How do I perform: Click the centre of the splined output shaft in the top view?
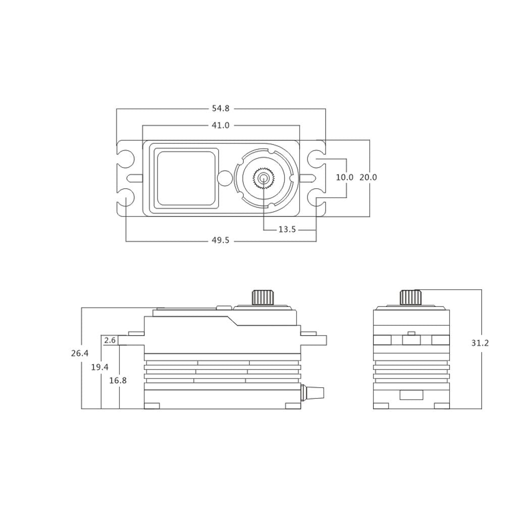click(264, 178)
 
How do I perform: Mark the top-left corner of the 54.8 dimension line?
click(117, 109)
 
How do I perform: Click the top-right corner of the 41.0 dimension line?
click(300, 125)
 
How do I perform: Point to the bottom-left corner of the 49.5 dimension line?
click(126, 241)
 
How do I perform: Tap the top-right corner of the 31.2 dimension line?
click(482, 289)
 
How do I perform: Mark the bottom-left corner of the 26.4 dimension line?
click(81, 409)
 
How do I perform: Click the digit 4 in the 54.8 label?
click(218, 108)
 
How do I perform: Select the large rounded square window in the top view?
click(186, 178)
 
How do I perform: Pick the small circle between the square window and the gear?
click(225, 178)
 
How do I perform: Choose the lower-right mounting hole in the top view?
click(316, 197)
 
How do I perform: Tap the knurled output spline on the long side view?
click(263, 298)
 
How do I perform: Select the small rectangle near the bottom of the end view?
click(411, 395)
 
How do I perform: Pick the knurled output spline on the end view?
click(411, 298)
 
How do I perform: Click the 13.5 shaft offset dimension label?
click(287, 230)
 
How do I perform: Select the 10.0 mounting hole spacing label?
click(344, 177)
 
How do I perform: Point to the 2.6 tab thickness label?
click(110, 340)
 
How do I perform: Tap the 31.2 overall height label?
click(480, 343)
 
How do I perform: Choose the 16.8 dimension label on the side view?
click(118, 381)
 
